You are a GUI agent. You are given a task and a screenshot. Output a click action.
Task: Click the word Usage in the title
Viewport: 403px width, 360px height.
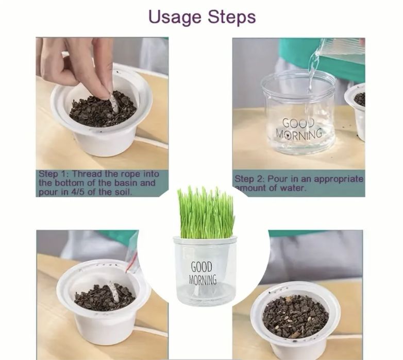pos(175,18)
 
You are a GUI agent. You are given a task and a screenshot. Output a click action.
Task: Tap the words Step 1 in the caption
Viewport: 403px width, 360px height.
pos(53,174)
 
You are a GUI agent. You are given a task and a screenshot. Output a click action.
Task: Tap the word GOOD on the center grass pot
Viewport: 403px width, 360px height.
pos(202,267)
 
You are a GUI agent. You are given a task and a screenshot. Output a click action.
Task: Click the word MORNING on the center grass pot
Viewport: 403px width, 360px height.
pos(203,280)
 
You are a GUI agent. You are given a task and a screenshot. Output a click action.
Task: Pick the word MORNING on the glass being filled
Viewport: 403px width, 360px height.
pos(299,134)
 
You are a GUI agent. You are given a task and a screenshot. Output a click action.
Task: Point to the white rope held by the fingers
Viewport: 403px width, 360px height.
pos(114,104)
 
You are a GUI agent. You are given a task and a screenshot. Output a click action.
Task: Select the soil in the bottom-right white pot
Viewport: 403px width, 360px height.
pos(295,316)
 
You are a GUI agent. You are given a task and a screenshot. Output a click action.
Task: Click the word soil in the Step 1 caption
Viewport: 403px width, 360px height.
pos(122,192)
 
